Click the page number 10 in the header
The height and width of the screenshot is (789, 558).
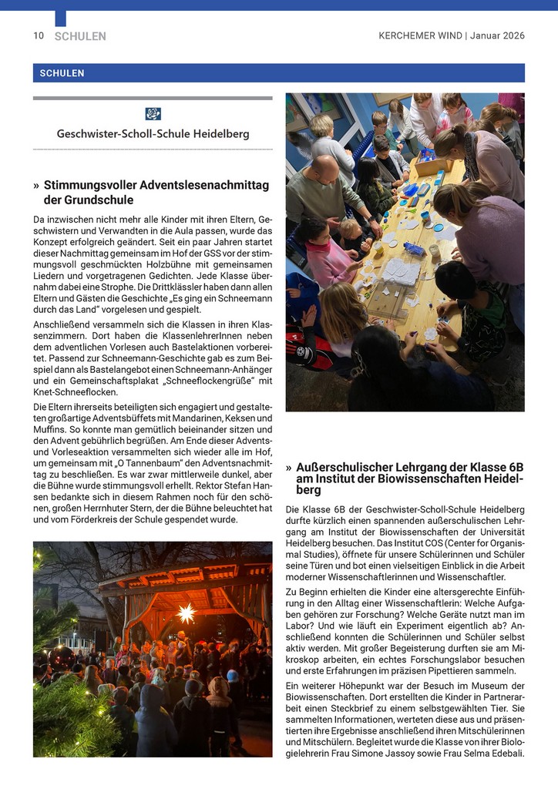(x=39, y=36)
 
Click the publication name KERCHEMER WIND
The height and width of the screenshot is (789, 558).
(x=420, y=36)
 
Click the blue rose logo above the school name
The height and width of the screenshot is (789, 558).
(x=153, y=114)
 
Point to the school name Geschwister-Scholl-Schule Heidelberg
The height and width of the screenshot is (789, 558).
(x=153, y=133)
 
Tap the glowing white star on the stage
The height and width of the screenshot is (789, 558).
(x=186, y=614)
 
